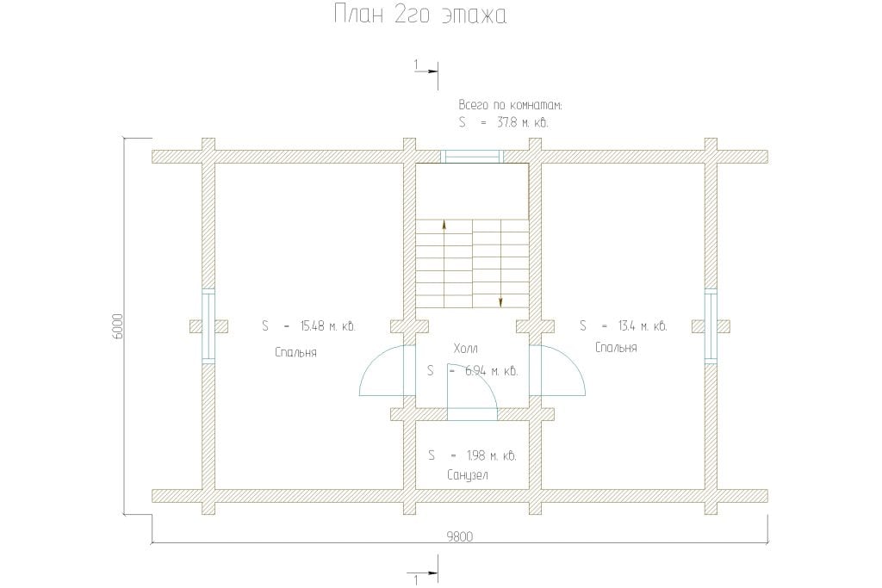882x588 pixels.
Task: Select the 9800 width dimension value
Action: tap(460, 536)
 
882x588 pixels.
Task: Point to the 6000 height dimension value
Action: tap(117, 326)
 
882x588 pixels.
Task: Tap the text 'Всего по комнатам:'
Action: tap(510, 105)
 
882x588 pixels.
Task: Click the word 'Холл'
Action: tap(465, 349)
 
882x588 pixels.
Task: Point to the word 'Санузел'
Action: tap(468, 475)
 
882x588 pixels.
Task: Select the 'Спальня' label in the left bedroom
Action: tap(296, 352)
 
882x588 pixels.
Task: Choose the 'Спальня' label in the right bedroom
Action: tap(616, 348)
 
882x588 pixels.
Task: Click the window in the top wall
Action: tap(471, 157)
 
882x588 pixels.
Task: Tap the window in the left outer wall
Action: tap(208, 326)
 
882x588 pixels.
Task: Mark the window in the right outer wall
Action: tap(711, 326)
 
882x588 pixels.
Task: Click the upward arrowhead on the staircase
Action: tap(444, 225)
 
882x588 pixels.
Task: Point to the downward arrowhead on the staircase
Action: tap(500, 303)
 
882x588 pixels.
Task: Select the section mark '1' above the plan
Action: tap(416, 65)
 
